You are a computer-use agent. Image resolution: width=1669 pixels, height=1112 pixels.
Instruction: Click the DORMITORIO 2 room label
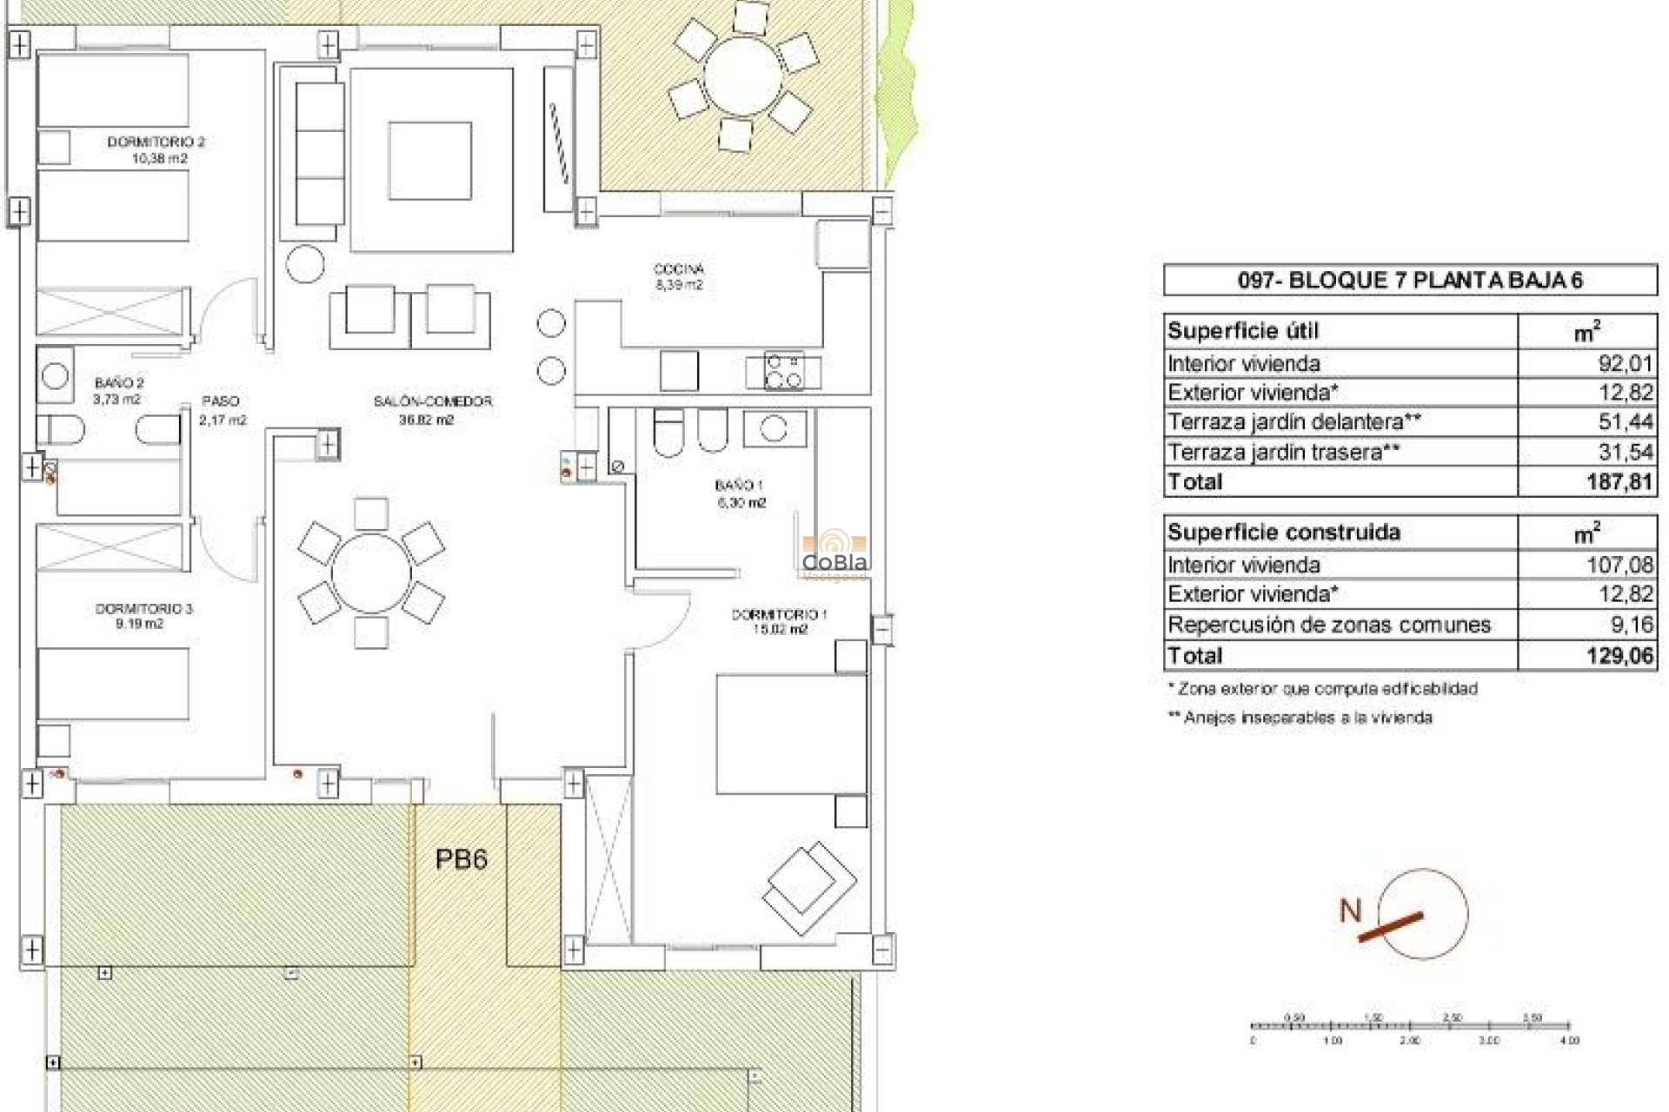pyautogui.click(x=156, y=142)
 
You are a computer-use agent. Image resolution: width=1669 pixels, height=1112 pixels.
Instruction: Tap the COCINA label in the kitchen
pyautogui.click(x=678, y=268)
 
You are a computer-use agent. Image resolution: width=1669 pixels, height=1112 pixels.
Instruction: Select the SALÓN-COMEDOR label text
pyautogui.click(x=433, y=401)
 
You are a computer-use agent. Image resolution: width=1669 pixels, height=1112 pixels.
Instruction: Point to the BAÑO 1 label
pyautogui.click(x=739, y=485)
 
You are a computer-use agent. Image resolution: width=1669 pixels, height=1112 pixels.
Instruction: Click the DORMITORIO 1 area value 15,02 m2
pyautogui.click(x=780, y=630)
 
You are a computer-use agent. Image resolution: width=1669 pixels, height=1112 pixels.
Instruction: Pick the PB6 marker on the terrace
pyautogui.click(x=461, y=859)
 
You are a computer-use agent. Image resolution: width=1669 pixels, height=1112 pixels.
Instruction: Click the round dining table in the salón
pyautogui.click(x=371, y=574)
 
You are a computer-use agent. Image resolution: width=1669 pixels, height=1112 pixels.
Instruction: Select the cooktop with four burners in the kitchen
pyautogui.click(x=783, y=371)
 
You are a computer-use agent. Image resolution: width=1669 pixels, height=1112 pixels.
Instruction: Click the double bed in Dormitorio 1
pyautogui.click(x=791, y=734)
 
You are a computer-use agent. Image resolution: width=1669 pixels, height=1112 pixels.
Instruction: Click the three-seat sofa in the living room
pyautogui.click(x=319, y=154)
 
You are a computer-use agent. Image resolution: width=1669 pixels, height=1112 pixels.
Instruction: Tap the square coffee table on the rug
pyautogui.click(x=429, y=161)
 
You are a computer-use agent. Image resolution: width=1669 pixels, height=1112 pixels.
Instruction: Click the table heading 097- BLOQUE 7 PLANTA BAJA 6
pyautogui.click(x=1409, y=280)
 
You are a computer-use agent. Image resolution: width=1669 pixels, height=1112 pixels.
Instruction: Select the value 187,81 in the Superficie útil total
pyautogui.click(x=1619, y=481)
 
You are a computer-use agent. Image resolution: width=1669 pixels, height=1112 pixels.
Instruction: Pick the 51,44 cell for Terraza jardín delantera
pyautogui.click(x=1625, y=422)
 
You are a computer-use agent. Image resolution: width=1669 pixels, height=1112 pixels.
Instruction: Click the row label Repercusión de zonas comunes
pyautogui.click(x=1328, y=625)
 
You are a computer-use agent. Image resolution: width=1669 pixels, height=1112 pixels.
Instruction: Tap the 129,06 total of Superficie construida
pyautogui.click(x=1619, y=656)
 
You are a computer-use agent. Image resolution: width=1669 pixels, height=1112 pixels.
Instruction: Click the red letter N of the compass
pyautogui.click(x=1350, y=910)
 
